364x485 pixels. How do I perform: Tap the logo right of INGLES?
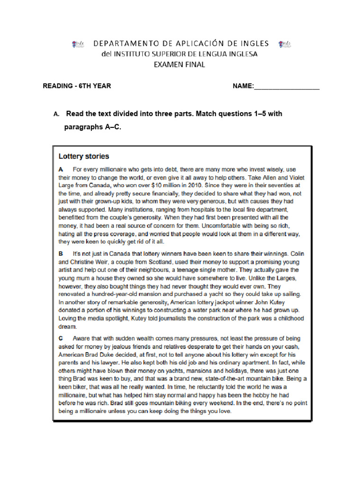pyautogui.click(x=286, y=44)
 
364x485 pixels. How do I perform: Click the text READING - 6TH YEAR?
pyautogui.click(x=77, y=86)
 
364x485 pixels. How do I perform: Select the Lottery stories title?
pyautogui.click(x=84, y=156)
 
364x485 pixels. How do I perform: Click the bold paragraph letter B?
pyautogui.click(x=61, y=254)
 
